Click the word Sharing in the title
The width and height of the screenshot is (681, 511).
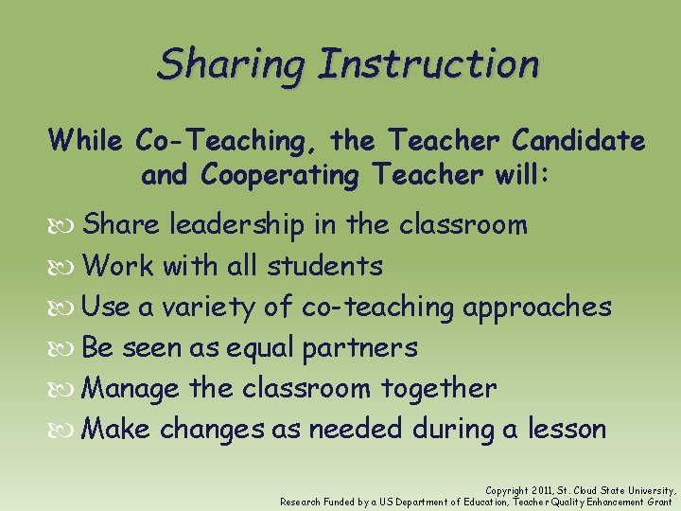231,64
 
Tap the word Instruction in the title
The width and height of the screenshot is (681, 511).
428,64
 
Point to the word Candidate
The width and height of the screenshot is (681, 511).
579,141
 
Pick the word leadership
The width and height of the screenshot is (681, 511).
237,225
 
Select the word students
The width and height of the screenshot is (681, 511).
324,266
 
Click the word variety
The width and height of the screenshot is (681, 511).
199,308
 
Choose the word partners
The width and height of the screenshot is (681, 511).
359,348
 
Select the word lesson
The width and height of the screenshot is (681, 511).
567,429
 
